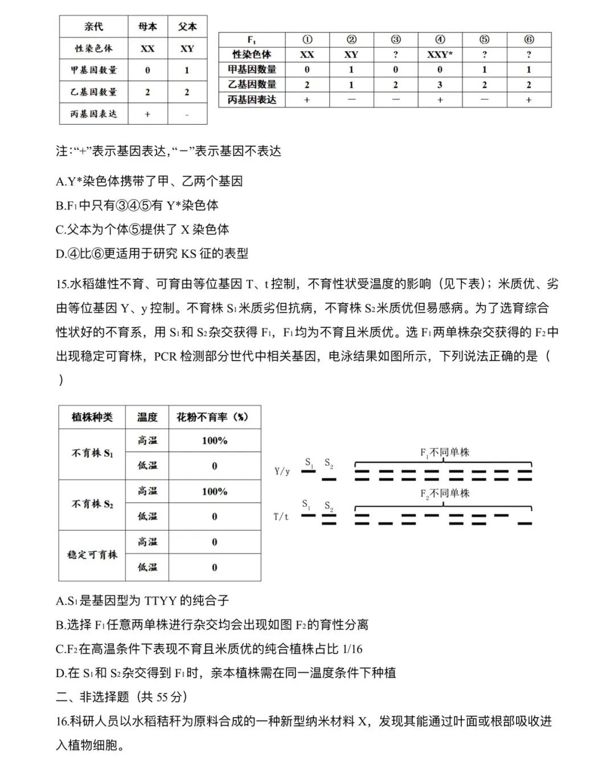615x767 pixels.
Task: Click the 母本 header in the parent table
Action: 147,27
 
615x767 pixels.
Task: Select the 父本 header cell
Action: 187,27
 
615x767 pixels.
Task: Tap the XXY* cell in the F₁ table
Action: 440,55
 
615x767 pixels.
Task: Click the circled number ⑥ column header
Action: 529,39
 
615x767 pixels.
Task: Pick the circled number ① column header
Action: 307,39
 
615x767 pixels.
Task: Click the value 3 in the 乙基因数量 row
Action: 440,85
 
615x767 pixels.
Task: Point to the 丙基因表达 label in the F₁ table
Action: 252,100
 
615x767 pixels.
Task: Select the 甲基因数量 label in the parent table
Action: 94,70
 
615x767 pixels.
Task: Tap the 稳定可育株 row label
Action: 92,555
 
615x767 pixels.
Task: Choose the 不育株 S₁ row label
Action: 92,453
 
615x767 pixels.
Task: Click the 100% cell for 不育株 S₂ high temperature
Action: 215,491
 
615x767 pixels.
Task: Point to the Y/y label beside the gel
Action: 282,471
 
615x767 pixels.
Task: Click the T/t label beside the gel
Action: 281,516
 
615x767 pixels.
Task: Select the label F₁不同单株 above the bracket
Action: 445,453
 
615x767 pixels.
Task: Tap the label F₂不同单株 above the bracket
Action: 445,494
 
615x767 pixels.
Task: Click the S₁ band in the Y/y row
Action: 309,472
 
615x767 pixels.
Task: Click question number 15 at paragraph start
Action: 62,284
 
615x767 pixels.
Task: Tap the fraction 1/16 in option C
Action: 352,649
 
